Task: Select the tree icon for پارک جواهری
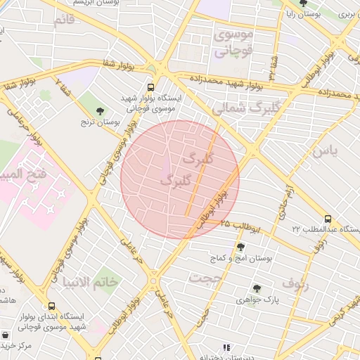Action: click(257, 288)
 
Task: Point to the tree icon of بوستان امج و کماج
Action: click(241, 247)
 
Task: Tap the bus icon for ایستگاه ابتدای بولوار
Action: click(51, 307)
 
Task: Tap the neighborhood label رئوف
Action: click(295, 283)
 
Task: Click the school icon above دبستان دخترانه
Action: click(226, 347)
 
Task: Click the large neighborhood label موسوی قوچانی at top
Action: click(231, 42)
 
